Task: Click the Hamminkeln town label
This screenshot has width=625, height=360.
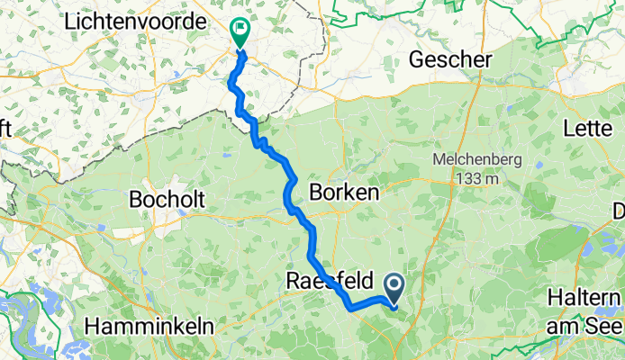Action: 144,324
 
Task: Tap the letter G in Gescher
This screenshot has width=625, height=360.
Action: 416,60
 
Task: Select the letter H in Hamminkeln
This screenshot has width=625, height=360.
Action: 89,324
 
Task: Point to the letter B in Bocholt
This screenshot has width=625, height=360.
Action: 137,198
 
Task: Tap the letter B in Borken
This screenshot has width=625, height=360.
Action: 315,192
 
